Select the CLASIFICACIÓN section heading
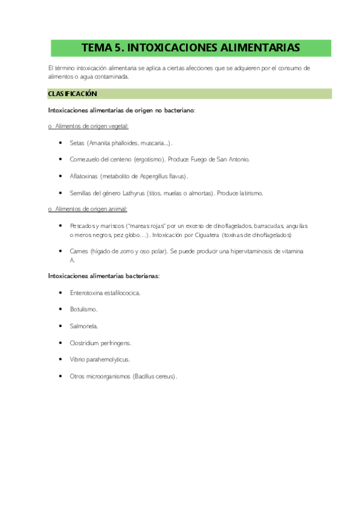(72, 94)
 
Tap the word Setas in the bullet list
(77, 143)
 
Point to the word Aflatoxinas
(84, 176)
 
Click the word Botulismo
(83, 309)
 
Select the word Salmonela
(84, 326)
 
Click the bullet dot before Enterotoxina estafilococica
(62, 292)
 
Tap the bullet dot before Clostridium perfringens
(62, 343)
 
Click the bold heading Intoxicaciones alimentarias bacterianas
(103, 276)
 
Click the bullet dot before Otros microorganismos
(62, 376)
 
